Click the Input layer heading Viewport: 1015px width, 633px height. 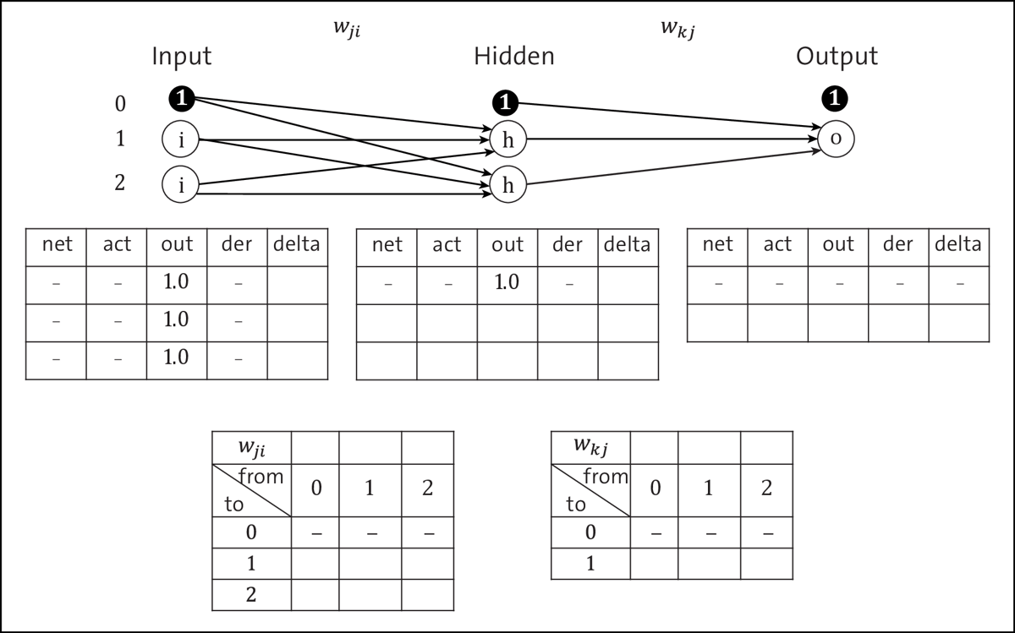pyautogui.click(x=181, y=57)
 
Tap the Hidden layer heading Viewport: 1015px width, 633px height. pyautogui.click(x=514, y=57)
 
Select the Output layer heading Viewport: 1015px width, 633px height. pyautogui.click(x=837, y=57)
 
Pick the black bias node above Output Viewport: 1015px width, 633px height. pyautogui.click(x=836, y=98)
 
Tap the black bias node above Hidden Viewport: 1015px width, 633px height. pyautogui.click(x=505, y=102)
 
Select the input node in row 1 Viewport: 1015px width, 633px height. pyautogui.click(x=181, y=140)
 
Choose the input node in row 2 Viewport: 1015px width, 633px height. pyautogui.click(x=181, y=183)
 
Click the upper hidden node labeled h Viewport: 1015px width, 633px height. pyautogui.click(x=507, y=140)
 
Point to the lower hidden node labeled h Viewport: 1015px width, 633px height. pyautogui.click(x=507, y=185)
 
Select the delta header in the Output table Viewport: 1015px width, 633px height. pyautogui.click(x=958, y=245)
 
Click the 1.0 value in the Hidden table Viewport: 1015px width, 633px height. pyautogui.click(x=507, y=282)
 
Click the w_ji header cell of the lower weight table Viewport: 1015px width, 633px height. pyautogui.click(x=251, y=445)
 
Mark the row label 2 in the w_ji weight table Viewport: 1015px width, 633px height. pyautogui.click(x=251, y=594)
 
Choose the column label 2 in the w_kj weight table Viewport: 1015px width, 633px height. pyautogui.click(x=766, y=488)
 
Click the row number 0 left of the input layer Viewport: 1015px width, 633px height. pyautogui.click(x=120, y=104)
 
